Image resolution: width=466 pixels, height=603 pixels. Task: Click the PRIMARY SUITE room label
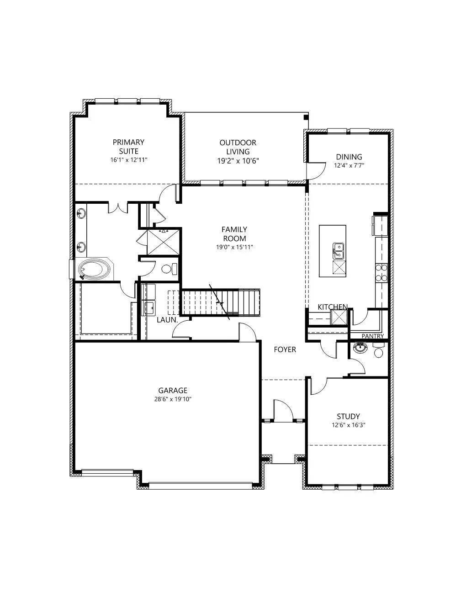[x=128, y=147]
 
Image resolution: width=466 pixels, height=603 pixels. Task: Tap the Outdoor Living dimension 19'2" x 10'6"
[x=238, y=161]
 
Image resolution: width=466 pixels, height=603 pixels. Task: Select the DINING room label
[x=349, y=157]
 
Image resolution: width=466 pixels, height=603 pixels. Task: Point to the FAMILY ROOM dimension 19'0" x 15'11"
[x=234, y=247]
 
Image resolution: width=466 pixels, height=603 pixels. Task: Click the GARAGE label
[x=173, y=391]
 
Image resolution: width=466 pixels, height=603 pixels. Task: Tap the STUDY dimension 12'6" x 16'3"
[x=348, y=425]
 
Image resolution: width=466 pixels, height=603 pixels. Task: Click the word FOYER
[x=285, y=349]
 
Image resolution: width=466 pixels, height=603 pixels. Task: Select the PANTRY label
[x=372, y=336]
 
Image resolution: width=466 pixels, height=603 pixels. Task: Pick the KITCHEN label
[x=333, y=307]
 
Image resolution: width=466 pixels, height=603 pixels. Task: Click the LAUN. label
[x=167, y=320]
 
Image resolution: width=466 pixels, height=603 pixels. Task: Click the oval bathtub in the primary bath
[x=93, y=269]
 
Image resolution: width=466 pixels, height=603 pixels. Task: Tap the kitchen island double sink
[x=339, y=251]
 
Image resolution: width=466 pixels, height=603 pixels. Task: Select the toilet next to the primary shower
[x=169, y=269]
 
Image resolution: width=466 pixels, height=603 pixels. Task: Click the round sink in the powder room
[x=360, y=347]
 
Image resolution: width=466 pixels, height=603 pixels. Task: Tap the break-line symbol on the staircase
[x=220, y=302]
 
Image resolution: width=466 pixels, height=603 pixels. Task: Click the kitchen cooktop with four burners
[x=381, y=273]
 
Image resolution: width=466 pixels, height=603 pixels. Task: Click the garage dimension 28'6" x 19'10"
[x=173, y=399]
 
